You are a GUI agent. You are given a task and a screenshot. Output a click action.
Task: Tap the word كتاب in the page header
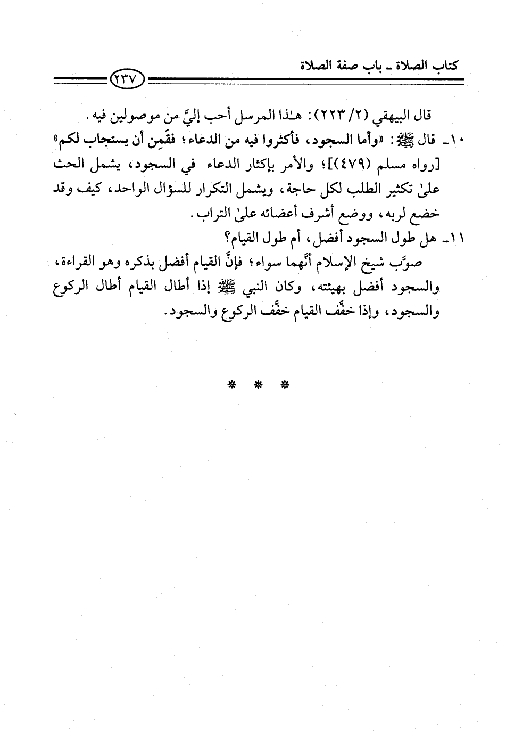tap(444, 66)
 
